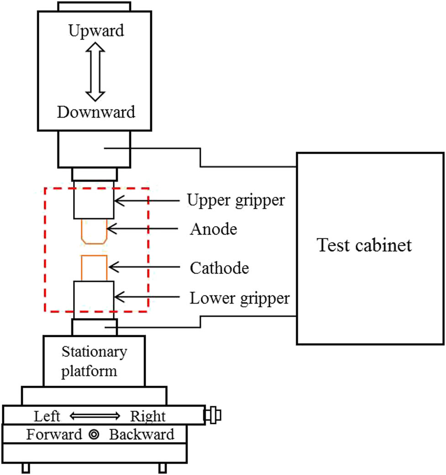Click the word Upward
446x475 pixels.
pos(96,31)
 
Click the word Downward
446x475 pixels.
pos(96,112)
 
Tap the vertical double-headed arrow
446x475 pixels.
pos(96,71)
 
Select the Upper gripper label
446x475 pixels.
pos(236,199)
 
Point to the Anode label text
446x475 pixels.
pos(214,229)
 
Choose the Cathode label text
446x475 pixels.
pos(220,268)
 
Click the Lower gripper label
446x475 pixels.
pos(240,299)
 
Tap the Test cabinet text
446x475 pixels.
pos(365,246)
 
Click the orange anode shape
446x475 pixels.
pos(94,231)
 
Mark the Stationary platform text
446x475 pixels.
pos(94,361)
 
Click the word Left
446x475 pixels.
pos(47,416)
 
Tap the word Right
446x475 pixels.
pos(148,416)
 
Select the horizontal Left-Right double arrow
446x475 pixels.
pos(95,416)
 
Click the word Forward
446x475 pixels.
pos(54,434)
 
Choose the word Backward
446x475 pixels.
pos(142,434)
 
